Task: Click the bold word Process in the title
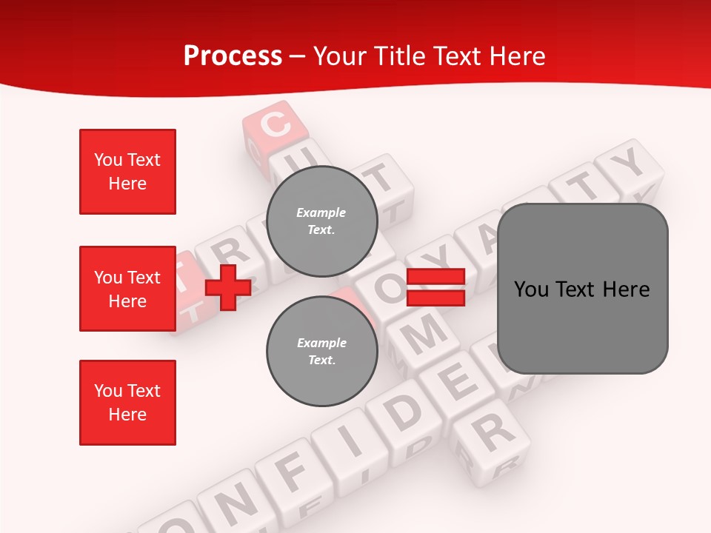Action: coord(233,56)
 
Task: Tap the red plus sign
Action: coord(228,287)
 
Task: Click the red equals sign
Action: coord(435,287)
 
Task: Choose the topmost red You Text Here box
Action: coord(127,172)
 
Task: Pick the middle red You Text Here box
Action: coord(127,289)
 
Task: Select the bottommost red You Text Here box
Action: coord(127,403)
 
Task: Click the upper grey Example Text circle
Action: coord(321,221)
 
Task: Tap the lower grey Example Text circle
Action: coord(321,351)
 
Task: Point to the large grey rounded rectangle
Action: coord(582,289)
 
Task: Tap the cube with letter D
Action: coord(406,411)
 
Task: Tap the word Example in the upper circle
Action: coord(321,212)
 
